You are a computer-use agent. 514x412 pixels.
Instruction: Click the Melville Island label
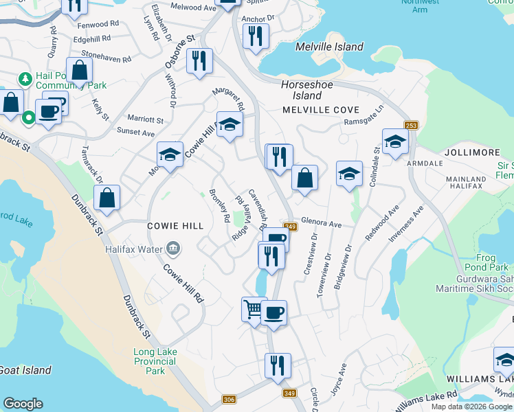(328, 47)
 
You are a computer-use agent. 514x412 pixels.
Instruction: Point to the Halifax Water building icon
(172, 248)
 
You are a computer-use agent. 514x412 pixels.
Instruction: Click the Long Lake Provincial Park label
(155, 361)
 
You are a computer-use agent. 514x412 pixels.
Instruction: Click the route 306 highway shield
(230, 400)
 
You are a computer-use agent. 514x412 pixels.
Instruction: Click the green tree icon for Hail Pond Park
(25, 80)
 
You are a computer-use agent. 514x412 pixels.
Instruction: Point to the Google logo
(23, 404)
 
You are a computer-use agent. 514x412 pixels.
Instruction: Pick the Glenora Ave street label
(321, 225)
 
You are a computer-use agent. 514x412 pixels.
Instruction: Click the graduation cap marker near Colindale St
(395, 141)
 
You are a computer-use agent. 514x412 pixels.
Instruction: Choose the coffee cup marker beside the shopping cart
(273, 312)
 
